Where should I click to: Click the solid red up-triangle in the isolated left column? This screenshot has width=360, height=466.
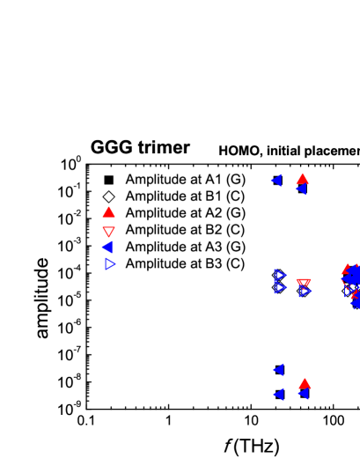[x=108, y=212]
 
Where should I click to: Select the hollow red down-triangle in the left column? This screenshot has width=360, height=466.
[x=108, y=232]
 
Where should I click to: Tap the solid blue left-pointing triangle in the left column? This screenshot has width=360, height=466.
[x=107, y=248]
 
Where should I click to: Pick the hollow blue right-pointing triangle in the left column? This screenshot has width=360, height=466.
[x=110, y=263]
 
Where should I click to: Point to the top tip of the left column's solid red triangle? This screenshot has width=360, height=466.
[x=108, y=206]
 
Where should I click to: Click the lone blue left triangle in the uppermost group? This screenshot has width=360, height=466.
[x=276, y=181]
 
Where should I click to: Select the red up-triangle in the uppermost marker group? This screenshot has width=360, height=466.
[x=302, y=179]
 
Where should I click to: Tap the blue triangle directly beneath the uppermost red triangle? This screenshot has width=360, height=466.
[x=300, y=189]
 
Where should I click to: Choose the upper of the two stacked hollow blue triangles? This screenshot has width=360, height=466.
[x=280, y=275]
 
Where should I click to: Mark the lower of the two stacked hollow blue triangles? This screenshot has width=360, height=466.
[x=280, y=287]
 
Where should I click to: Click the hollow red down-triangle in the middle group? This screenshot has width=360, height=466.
[x=303, y=284]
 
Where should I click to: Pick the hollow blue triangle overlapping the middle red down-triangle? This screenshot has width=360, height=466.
[x=305, y=291]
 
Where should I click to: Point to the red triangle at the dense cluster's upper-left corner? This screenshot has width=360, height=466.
[x=346, y=270]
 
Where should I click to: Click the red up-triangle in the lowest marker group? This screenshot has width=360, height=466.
[x=305, y=383]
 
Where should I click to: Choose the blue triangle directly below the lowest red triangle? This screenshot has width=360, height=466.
[x=303, y=394]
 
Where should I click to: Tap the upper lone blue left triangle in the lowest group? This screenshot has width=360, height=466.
[x=278, y=370]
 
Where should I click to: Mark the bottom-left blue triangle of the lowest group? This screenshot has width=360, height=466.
[x=278, y=395]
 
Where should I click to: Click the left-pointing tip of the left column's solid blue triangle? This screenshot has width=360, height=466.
[x=101, y=248]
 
